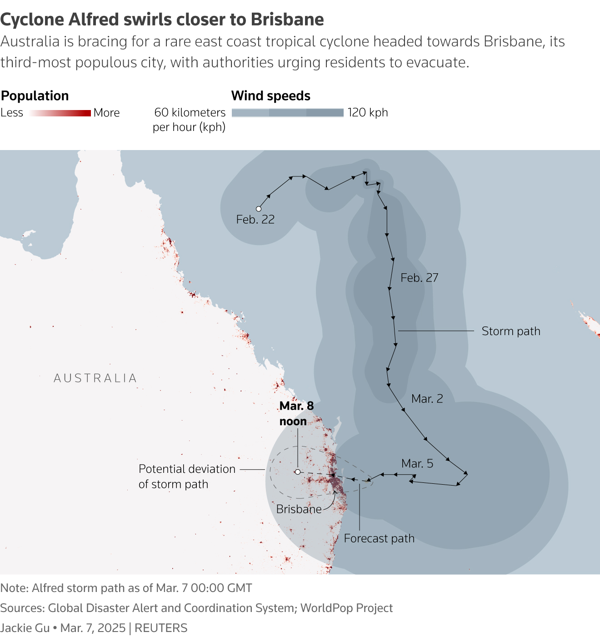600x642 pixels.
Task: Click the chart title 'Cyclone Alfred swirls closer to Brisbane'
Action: tap(162, 20)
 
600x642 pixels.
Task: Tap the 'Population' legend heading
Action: tap(35, 96)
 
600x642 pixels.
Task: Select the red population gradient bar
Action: tap(60, 113)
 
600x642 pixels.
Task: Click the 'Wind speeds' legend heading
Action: tap(270, 96)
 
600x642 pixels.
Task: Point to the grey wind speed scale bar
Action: tap(287, 113)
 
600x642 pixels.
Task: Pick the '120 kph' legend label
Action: tap(368, 113)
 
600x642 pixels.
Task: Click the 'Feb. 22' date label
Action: tap(255, 220)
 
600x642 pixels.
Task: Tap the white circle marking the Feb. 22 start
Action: tap(259, 209)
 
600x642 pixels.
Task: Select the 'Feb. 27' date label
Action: tap(419, 278)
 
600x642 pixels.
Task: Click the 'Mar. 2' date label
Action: tap(427, 399)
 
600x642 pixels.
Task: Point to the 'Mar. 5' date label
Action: tap(417, 464)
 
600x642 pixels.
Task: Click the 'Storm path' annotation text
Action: tap(511, 331)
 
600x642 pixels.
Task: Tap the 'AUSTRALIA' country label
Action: tap(95, 378)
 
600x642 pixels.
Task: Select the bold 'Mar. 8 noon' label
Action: tap(296, 413)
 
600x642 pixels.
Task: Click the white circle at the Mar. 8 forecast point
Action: tap(298, 472)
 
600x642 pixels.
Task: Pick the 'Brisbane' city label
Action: tap(299, 509)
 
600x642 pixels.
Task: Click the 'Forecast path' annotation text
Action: tap(379, 538)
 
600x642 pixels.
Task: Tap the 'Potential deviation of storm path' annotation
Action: tap(187, 476)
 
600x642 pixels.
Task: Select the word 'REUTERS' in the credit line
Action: tap(161, 628)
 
